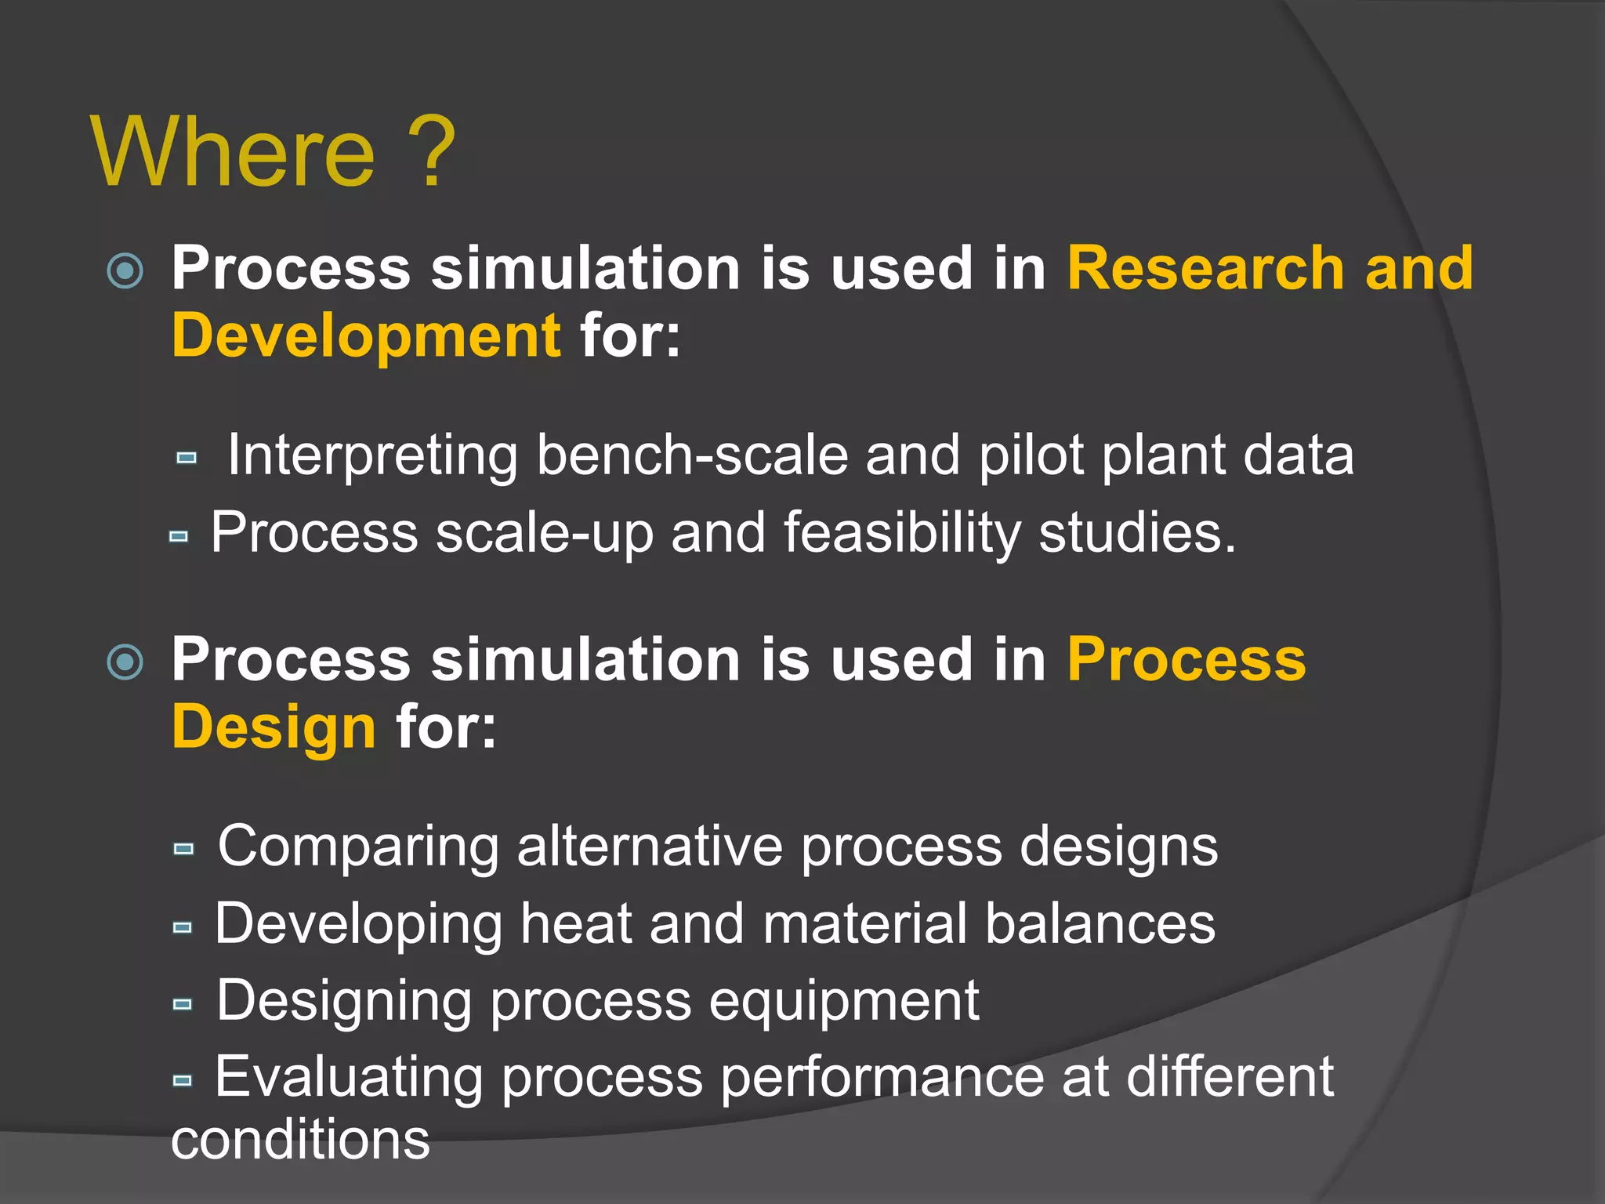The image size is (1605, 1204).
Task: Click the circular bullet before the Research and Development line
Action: click(125, 270)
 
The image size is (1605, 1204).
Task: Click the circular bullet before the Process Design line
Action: click(125, 662)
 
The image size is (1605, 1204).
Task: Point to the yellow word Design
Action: click(274, 727)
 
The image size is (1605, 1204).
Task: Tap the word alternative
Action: click(650, 847)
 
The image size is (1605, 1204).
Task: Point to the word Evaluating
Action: click(349, 1077)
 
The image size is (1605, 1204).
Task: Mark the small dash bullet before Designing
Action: click(183, 1004)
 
